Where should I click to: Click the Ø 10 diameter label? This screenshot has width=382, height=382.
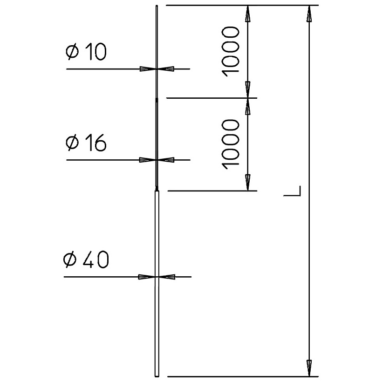click(x=86, y=52)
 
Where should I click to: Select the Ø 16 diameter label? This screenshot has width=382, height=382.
click(x=86, y=143)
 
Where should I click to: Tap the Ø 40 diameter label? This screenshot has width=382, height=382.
click(x=86, y=259)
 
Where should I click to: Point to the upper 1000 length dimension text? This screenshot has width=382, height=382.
click(x=231, y=52)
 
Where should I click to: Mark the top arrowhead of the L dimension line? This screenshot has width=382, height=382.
click(x=309, y=14)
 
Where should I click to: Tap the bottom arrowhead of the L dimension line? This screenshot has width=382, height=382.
click(x=309, y=368)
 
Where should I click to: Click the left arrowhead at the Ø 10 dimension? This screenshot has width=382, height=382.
click(x=148, y=69)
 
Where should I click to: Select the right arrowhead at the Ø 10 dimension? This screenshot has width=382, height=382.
click(x=166, y=69)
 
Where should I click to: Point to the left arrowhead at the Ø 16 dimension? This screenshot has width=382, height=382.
click(x=147, y=160)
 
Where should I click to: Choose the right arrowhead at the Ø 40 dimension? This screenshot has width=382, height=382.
click(x=167, y=277)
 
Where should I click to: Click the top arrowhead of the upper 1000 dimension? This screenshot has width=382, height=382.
click(x=248, y=14)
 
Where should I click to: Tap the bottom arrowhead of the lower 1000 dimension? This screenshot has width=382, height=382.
click(x=248, y=183)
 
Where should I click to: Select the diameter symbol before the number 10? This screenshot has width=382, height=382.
click(x=72, y=52)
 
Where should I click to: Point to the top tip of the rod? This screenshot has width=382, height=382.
click(x=157, y=6)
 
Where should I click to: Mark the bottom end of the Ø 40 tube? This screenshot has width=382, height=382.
click(x=157, y=376)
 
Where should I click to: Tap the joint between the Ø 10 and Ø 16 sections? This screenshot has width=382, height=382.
click(x=157, y=98)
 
